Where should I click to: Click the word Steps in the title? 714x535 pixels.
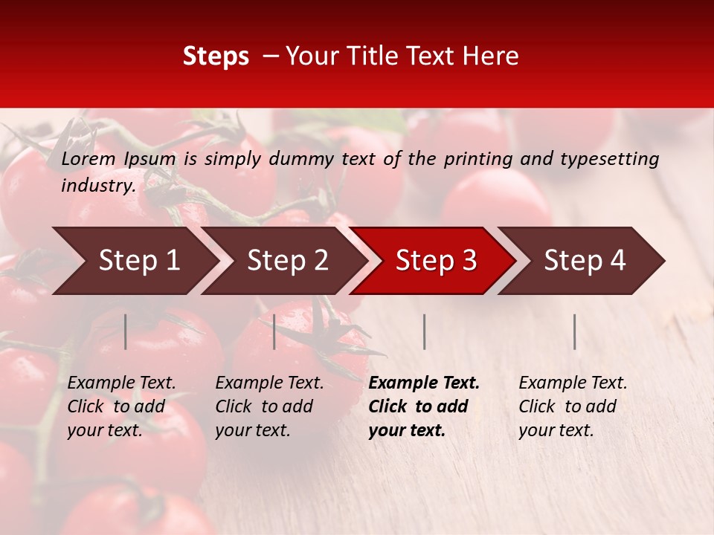point(216,56)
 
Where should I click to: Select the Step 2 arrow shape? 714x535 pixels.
point(286,261)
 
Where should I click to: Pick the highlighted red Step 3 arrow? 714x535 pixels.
point(435,261)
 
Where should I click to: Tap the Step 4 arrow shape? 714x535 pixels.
point(585,261)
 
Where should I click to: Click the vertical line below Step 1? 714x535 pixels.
point(126,331)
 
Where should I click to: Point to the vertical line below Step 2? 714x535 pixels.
point(274,331)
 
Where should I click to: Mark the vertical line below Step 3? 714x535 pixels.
point(424,331)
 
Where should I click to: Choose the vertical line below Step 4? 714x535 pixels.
point(574,331)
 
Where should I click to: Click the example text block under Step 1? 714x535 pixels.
point(121,406)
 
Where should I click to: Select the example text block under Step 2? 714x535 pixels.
point(269,406)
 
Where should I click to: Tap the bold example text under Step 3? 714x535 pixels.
point(424,406)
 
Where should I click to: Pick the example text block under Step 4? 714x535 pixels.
point(573,406)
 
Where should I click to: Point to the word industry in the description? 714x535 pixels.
point(97,186)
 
